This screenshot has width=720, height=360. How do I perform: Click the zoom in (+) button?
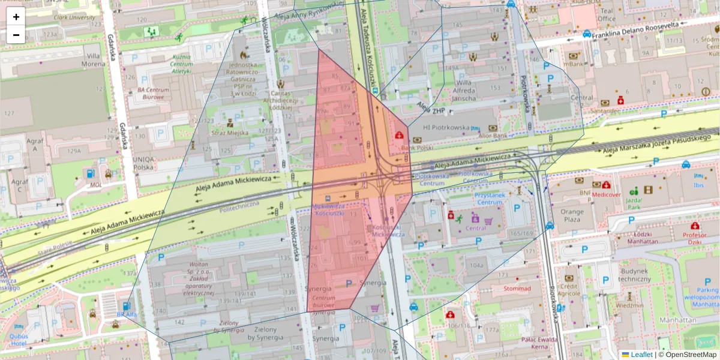point(16,17)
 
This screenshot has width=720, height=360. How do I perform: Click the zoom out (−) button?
point(16,34)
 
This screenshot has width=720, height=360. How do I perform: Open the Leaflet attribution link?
point(641,355)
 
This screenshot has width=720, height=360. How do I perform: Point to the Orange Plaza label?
point(572,215)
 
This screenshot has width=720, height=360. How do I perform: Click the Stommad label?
point(517,289)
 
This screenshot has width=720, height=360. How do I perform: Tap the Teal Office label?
point(607,14)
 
